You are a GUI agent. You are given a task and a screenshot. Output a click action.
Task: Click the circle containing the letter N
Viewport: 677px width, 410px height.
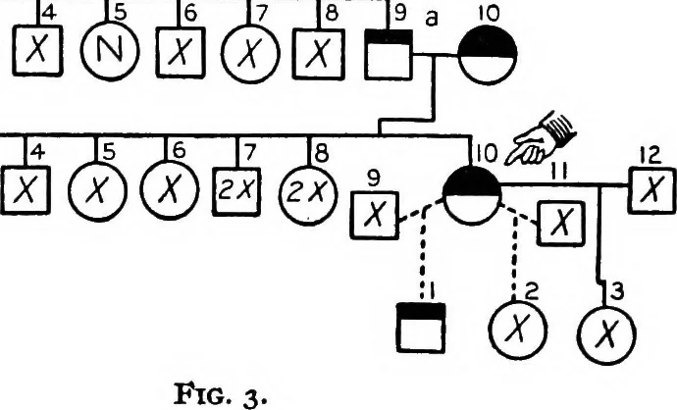(110, 51)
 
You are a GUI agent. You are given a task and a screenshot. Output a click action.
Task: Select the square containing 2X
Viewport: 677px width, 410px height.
(236, 191)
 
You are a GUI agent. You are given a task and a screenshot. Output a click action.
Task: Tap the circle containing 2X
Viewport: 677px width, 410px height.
(307, 193)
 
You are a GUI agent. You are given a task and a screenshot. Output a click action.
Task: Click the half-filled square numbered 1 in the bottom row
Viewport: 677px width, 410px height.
(421, 328)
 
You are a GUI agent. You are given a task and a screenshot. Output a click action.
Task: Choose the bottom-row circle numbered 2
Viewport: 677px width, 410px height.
(518, 330)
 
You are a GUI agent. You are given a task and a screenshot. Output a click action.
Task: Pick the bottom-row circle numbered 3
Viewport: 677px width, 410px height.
(607, 334)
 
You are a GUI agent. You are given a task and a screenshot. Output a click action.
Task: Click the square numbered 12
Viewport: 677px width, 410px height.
(652, 190)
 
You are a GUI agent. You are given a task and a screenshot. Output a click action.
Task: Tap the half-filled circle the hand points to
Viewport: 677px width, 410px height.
(472, 196)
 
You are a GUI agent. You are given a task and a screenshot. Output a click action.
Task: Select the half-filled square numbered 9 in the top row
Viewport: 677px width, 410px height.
(389, 55)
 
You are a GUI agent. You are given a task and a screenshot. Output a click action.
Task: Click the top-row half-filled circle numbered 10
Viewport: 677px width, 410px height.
(488, 55)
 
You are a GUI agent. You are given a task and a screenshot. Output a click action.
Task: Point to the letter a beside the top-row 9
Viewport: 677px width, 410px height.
(432, 19)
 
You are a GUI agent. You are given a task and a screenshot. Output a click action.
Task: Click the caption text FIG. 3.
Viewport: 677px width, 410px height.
(221, 393)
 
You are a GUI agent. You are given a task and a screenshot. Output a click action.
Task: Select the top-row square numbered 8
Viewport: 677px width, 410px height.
(319, 54)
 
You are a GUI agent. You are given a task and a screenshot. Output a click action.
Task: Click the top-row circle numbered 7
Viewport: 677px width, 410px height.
(250, 54)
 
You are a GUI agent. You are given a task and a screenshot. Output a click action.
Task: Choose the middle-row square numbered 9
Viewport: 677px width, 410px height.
(375, 215)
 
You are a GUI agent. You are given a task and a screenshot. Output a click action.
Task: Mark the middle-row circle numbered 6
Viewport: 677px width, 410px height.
(170, 190)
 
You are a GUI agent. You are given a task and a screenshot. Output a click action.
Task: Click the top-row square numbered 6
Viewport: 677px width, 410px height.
(181, 53)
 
